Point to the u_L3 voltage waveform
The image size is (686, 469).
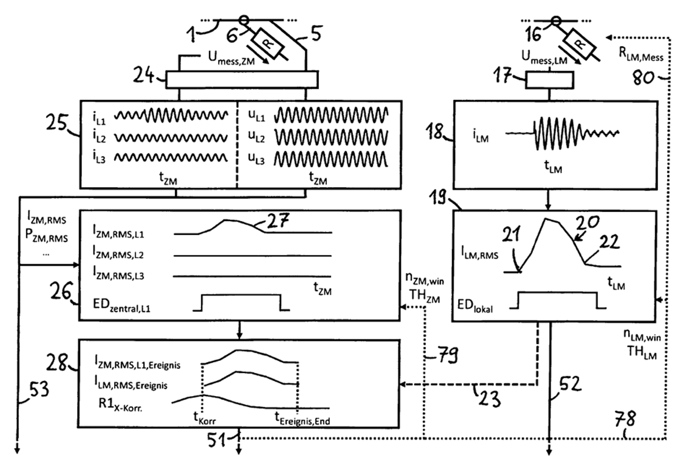pyautogui.click(x=330, y=159)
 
